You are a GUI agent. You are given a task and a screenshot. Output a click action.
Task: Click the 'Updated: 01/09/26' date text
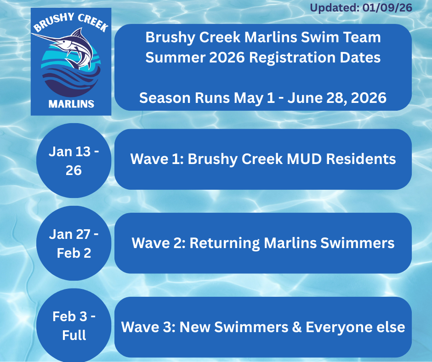tap(361, 7)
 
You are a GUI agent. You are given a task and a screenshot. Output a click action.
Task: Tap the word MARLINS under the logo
tap(71, 104)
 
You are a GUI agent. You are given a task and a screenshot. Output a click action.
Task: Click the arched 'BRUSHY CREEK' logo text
tap(71, 23)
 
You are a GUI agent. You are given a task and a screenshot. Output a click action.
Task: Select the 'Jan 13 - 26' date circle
tap(74, 161)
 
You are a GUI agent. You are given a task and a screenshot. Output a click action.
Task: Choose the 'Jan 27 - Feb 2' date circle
tap(74, 243)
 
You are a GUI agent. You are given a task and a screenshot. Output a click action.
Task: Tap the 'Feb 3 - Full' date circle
tap(74, 325)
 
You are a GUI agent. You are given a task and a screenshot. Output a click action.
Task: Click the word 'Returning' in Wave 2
tap(225, 243)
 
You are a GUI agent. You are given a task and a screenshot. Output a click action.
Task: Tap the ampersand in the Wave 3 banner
tap(296, 327)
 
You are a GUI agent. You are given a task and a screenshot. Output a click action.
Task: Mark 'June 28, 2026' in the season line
tap(337, 98)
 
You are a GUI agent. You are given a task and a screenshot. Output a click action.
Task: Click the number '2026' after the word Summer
tap(227, 57)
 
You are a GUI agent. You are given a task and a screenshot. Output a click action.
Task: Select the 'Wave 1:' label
tap(157, 159)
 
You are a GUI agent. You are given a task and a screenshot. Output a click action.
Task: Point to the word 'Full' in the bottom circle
tap(74, 335)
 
